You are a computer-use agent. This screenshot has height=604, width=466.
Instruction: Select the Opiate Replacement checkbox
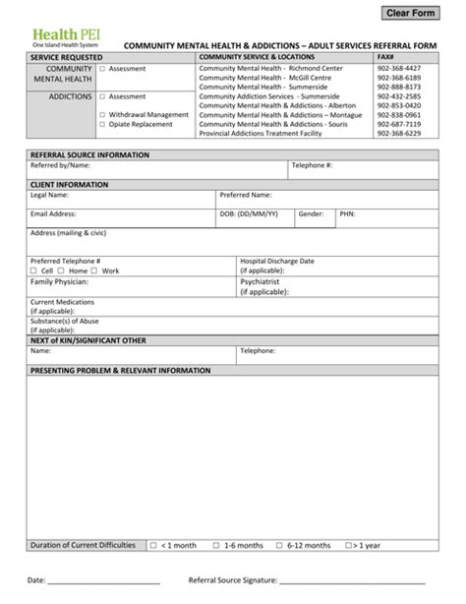pyautogui.click(x=102, y=124)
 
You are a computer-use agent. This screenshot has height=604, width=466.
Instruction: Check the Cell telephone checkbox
pyautogui.click(x=34, y=271)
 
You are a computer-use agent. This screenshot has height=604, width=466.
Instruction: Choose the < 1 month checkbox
pyautogui.click(x=153, y=545)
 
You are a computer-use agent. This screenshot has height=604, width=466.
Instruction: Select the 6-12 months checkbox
pyautogui.click(x=280, y=545)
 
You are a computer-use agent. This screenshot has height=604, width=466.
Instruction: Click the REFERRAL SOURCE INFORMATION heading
pyautogui.click(x=90, y=155)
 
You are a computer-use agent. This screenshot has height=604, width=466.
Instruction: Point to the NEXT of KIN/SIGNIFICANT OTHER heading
pyautogui.click(x=88, y=339)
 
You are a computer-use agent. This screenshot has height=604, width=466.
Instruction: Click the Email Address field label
pyautogui.click(x=54, y=213)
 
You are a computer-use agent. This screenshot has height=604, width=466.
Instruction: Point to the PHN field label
pyautogui.click(x=347, y=213)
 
